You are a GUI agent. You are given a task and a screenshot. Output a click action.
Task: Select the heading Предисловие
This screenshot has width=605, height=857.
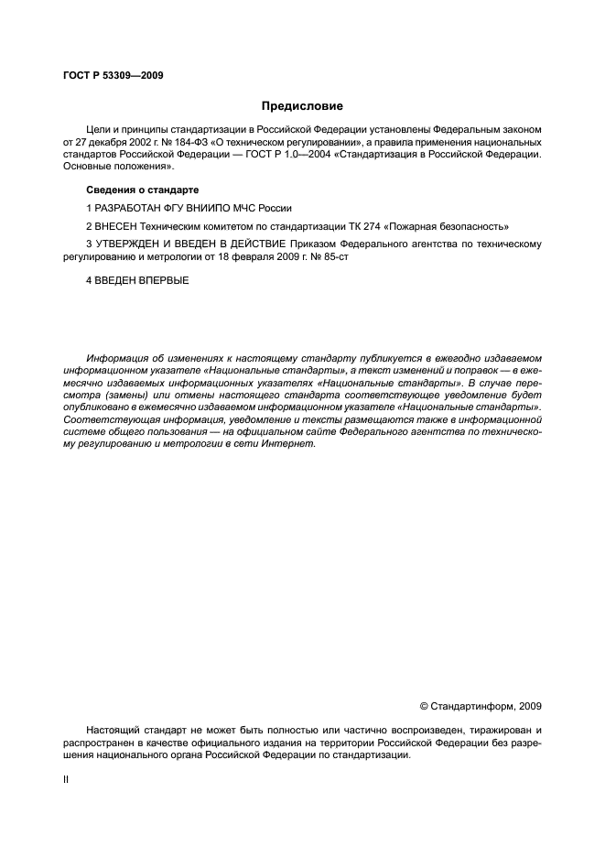pos(302,106)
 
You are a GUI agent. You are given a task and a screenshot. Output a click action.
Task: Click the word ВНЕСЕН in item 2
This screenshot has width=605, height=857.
pos(117,225)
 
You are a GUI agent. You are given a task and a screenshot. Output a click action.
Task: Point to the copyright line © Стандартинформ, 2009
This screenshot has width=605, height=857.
pos(480,706)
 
